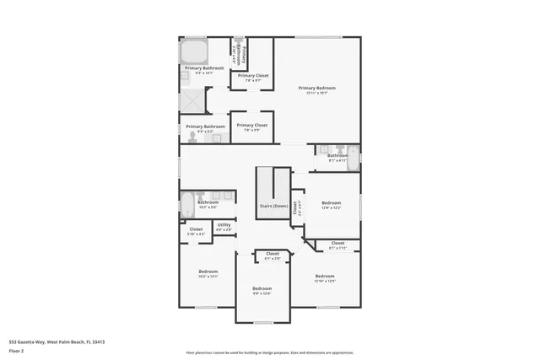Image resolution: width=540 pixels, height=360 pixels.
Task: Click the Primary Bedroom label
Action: click(316, 88)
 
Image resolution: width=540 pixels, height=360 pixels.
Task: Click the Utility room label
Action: click(224, 224)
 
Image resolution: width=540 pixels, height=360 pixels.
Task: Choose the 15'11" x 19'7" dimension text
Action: click(316, 93)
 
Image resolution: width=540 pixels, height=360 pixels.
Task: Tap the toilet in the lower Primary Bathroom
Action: click(193, 135)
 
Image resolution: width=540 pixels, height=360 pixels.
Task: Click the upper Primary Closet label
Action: click(252, 76)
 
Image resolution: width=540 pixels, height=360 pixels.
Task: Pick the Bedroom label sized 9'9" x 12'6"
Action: click(262, 289)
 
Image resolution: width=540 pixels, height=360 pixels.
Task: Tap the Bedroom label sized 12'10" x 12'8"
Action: click(325, 277)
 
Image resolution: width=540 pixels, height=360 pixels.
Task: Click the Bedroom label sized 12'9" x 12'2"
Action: click(331, 202)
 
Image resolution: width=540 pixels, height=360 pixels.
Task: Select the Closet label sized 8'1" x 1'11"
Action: click(337, 244)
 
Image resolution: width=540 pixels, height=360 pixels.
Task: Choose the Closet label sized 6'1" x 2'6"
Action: click(273, 253)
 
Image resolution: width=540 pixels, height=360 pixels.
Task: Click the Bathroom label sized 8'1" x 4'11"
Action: click(337, 155)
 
